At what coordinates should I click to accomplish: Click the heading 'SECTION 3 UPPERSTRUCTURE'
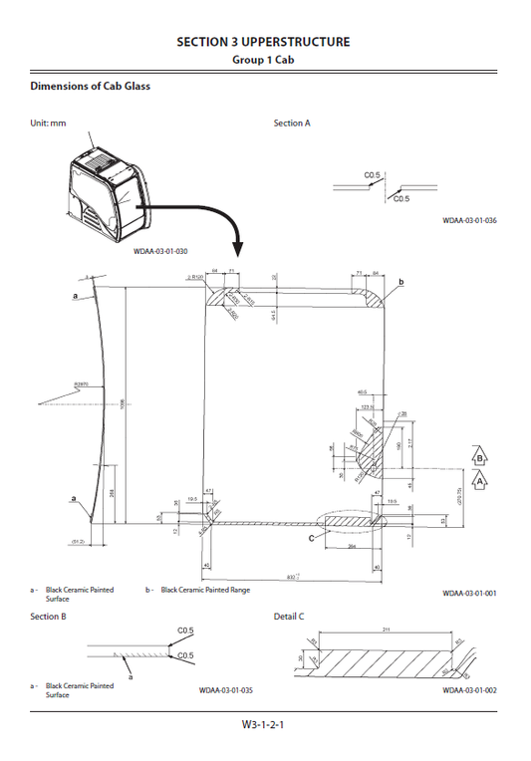point(263,42)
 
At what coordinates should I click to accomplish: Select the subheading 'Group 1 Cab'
point(263,60)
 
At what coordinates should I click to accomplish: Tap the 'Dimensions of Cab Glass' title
point(91,86)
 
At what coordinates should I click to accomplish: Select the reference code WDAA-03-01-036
point(469,221)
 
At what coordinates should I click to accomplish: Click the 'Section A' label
point(292,124)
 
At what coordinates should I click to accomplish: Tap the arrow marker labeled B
point(480,456)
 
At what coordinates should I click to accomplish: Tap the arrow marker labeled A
point(480,480)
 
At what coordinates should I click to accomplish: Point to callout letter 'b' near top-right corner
point(400,283)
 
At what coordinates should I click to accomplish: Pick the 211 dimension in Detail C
point(385,631)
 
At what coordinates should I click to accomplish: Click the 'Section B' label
point(49,617)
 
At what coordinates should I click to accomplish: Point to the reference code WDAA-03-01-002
point(469,689)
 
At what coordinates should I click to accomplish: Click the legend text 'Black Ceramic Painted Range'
point(206,590)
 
